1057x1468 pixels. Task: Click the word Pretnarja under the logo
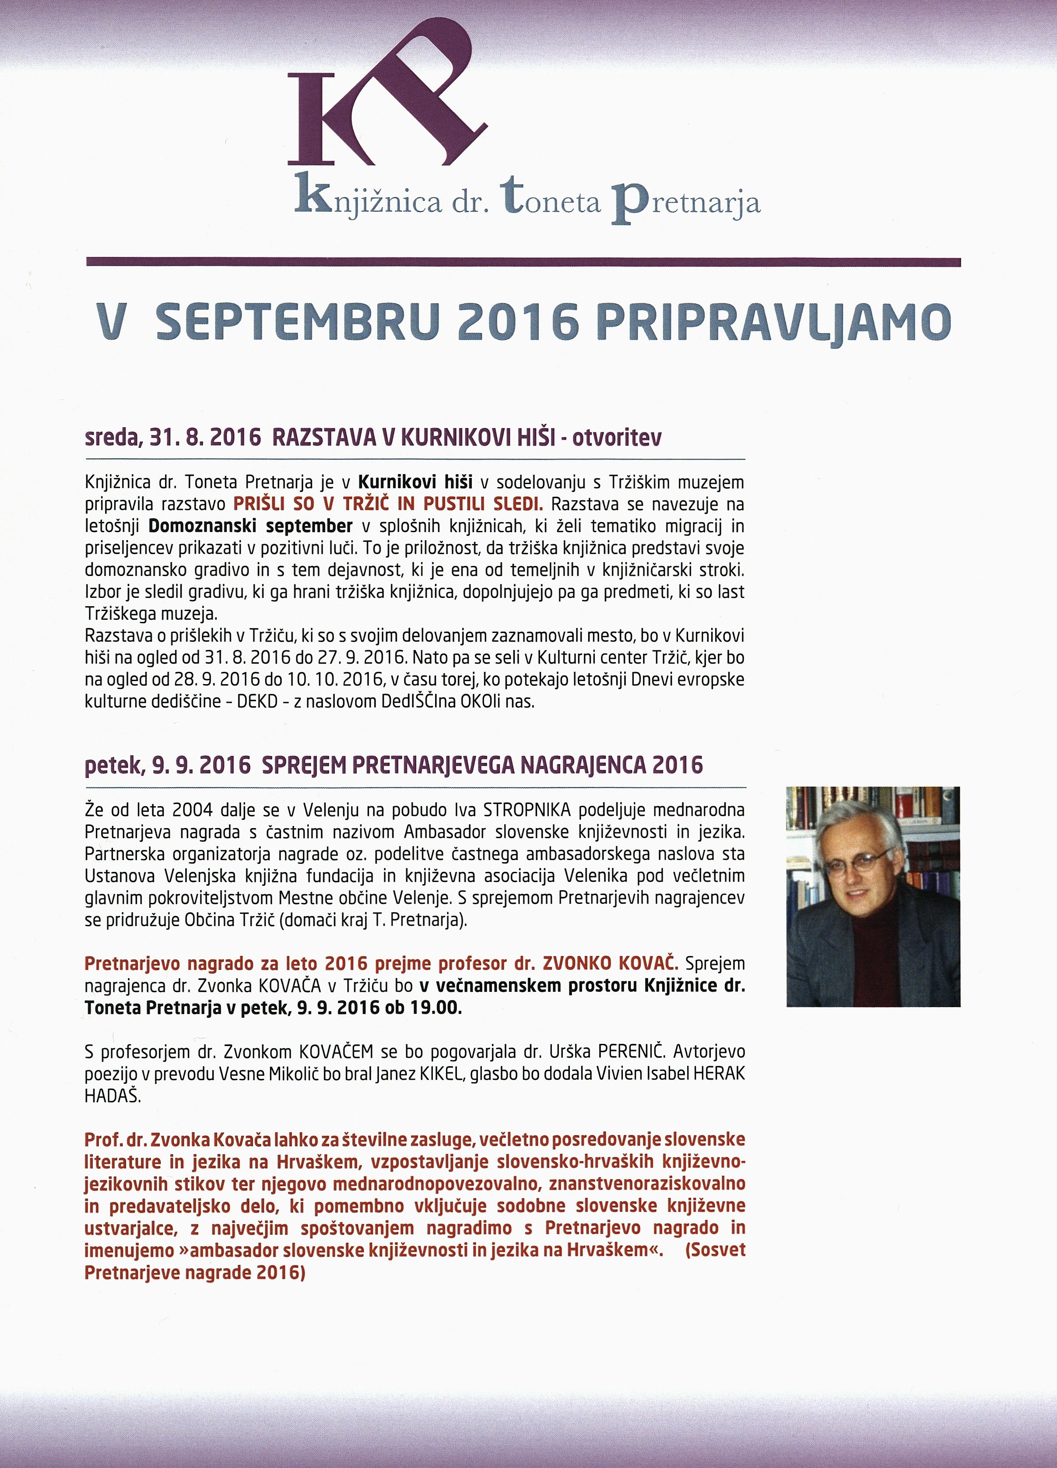686,204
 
